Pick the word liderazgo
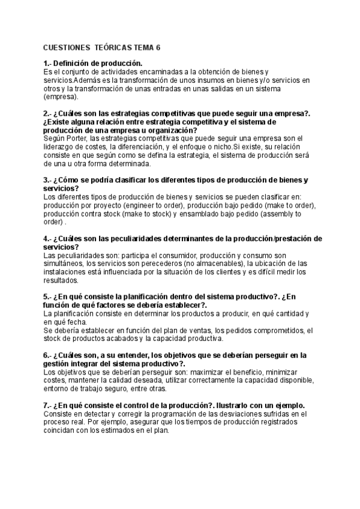pyautogui.click(x=61, y=146)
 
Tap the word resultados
pyautogui.click(x=61, y=280)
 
